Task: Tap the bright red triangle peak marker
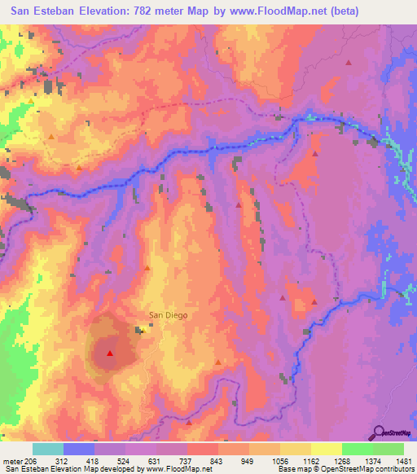coord(110,353)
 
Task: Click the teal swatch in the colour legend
coord(48,450)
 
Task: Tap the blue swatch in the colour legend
coord(79,450)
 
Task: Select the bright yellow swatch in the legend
coord(327,450)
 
